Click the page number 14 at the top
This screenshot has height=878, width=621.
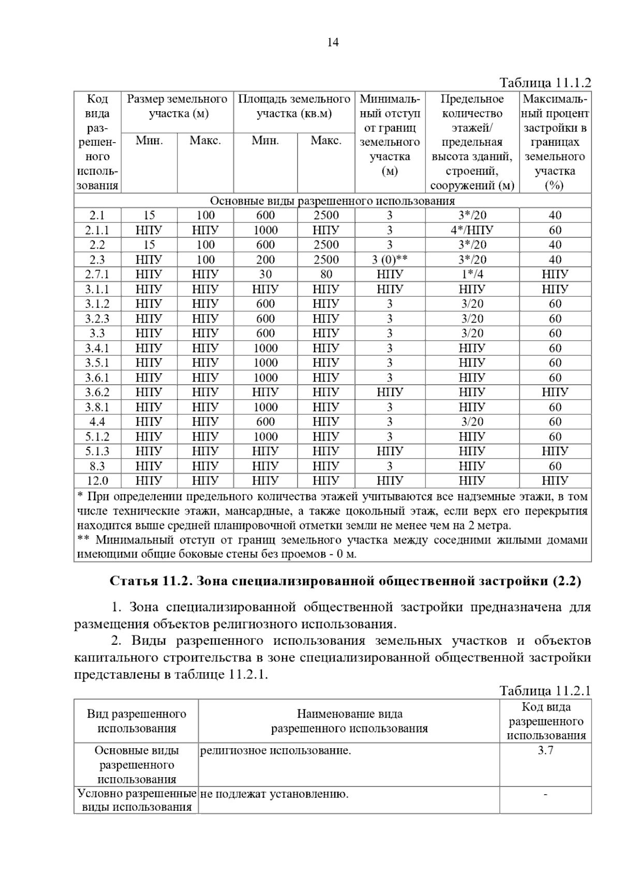(x=333, y=43)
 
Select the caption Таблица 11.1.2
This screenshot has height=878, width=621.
(x=545, y=83)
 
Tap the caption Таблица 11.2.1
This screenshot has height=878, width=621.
(x=545, y=691)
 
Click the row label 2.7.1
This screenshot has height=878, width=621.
(x=97, y=274)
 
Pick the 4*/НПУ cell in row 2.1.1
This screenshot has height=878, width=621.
(x=471, y=230)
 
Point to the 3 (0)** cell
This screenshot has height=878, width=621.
(x=390, y=260)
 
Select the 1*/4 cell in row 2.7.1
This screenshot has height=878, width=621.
(x=471, y=274)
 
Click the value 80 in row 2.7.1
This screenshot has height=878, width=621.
(x=326, y=274)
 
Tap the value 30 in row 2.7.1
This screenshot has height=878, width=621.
(x=265, y=274)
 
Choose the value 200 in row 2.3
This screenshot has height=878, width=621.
(x=265, y=260)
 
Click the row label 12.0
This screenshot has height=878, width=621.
(x=97, y=481)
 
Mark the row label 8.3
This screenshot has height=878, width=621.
(x=97, y=466)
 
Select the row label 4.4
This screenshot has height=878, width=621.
(x=97, y=422)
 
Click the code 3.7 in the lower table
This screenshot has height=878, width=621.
(x=545, y=750)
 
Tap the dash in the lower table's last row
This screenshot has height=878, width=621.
(x=545, y=794)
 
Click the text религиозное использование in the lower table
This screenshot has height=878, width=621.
(x=275, y=750)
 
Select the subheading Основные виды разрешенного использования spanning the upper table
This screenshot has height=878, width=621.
(x=332, y=201)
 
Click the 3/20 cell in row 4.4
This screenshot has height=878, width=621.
(x=471, y=422)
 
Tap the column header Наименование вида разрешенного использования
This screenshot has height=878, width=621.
(x=349, y=721)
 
